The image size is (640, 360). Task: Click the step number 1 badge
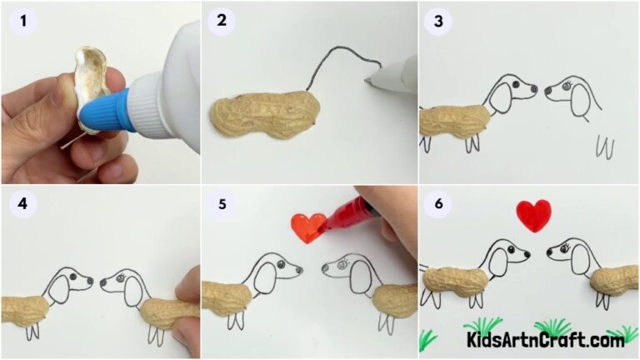[x=22, y=21]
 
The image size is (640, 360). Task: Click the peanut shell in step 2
[x=261, y=117]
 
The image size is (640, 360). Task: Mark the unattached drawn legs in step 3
[x=604, y=147]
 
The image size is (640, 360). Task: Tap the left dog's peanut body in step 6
[x=453, y=284]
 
